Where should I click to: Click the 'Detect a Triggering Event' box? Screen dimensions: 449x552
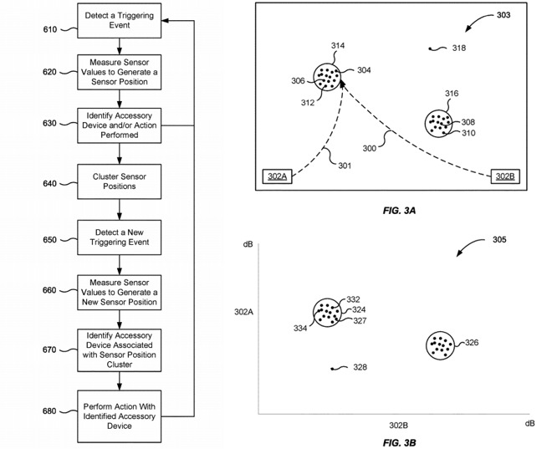point(120,19)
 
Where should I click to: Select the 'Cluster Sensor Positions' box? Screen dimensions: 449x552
point(120,181)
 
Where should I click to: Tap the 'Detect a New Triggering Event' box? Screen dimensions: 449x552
point(120,238)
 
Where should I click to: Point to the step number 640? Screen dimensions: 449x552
point(49,183)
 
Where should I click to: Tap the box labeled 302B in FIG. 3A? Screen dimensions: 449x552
point(505,176)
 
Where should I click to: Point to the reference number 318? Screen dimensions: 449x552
point(458,48)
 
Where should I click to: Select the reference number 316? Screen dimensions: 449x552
point(452,94)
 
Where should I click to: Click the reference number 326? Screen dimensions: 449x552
point(472,343)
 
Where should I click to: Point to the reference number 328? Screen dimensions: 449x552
point(360,367)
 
